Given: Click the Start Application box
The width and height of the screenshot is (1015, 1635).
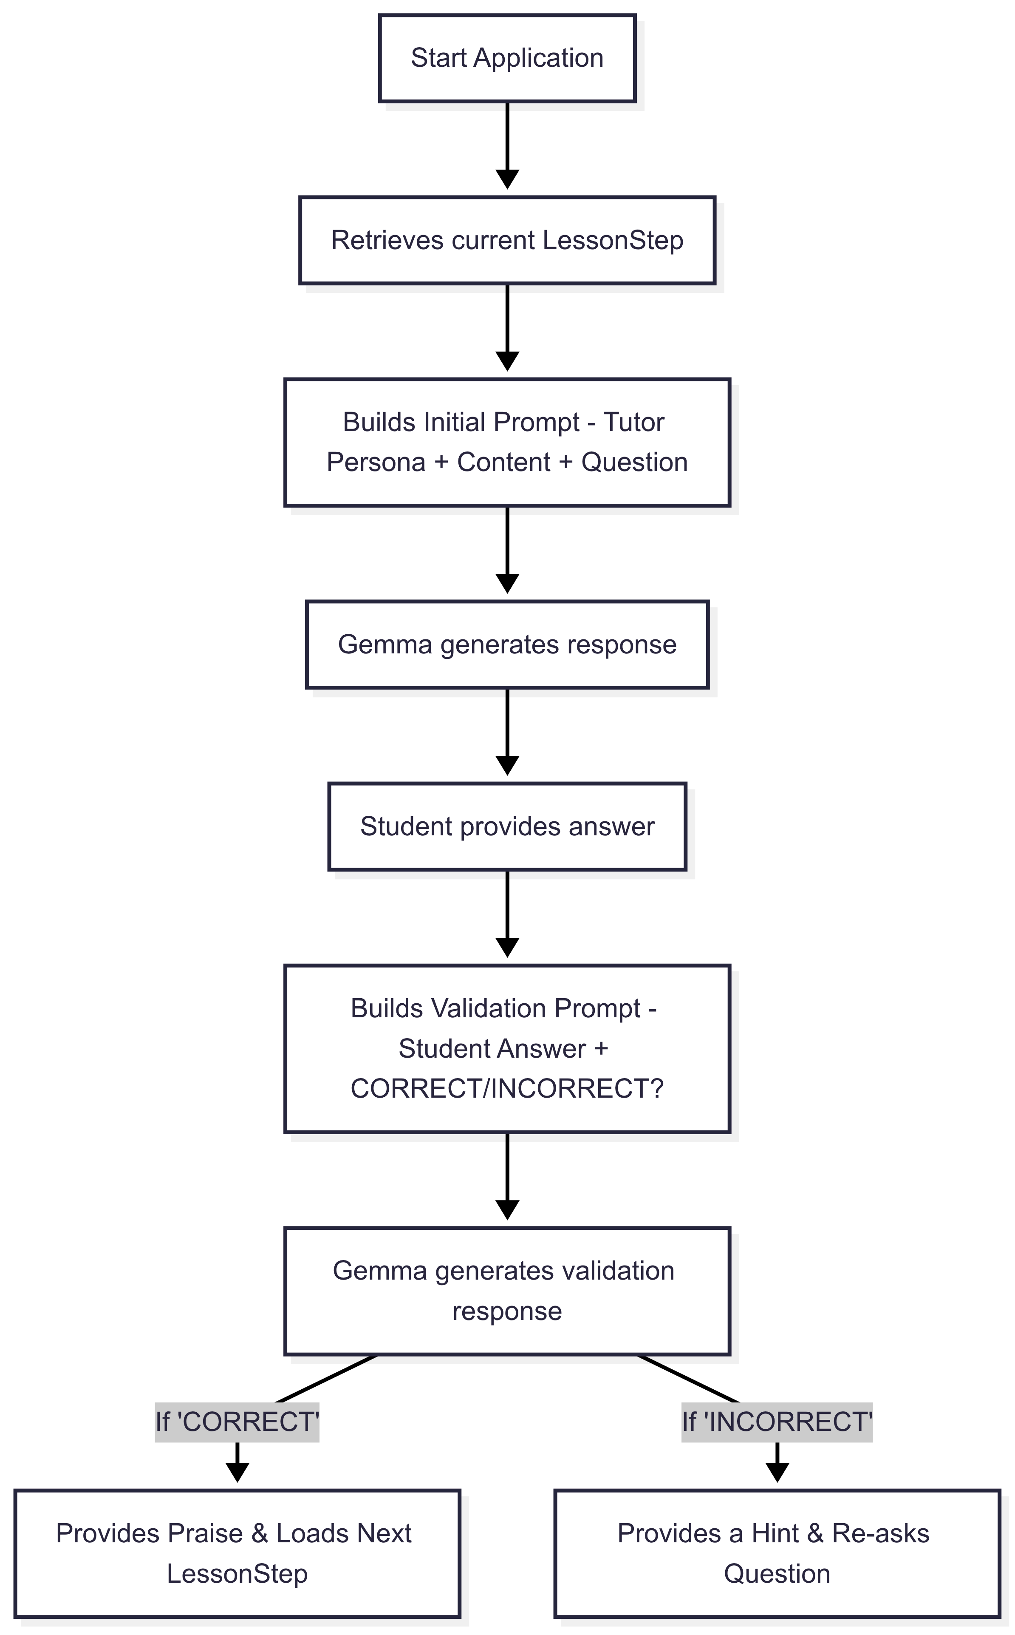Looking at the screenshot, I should coord(507,58).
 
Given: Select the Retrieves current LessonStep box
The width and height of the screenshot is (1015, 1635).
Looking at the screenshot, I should coord(507,241).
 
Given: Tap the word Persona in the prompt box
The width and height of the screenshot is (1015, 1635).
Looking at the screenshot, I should coord(376,463).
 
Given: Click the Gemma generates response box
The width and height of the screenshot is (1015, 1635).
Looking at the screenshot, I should coord(507,645).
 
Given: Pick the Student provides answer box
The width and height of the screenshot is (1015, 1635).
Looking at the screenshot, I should coord(507,827).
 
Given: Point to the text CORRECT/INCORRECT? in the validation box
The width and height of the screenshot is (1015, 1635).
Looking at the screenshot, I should coord(507,1089).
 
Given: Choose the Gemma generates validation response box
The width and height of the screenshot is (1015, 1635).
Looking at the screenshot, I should coord(507,1291).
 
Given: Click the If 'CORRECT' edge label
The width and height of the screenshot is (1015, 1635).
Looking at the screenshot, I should coord(237,1422).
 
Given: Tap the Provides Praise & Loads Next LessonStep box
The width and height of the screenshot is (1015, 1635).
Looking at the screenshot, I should coord(237,1554).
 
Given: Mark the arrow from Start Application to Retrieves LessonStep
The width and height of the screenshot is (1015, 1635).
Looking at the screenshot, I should coord(507,145).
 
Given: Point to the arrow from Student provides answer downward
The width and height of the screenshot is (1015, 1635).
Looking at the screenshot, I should coord(507,914).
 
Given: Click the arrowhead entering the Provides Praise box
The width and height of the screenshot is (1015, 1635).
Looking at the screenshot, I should coord(237,1474).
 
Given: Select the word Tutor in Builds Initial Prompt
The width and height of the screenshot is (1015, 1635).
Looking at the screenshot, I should coord(634,423).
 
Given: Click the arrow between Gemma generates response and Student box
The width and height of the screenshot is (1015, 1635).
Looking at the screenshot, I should coord(507,732).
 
